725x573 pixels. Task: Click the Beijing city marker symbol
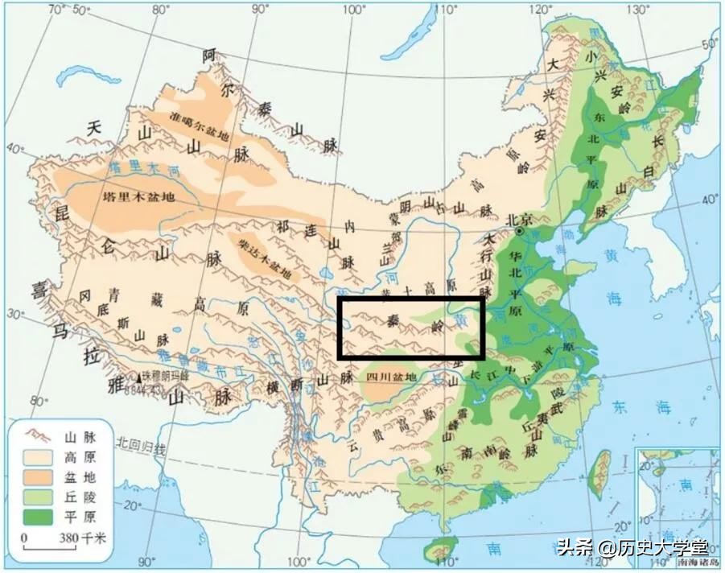[521, 231]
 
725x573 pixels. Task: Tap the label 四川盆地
[391, 376]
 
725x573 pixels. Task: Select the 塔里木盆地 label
[138, 196]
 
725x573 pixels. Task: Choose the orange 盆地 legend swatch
[37, 476]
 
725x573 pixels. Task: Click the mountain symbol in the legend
[37, 438]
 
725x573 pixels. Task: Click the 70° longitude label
[56, 10]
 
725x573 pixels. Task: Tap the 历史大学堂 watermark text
[660, 549]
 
